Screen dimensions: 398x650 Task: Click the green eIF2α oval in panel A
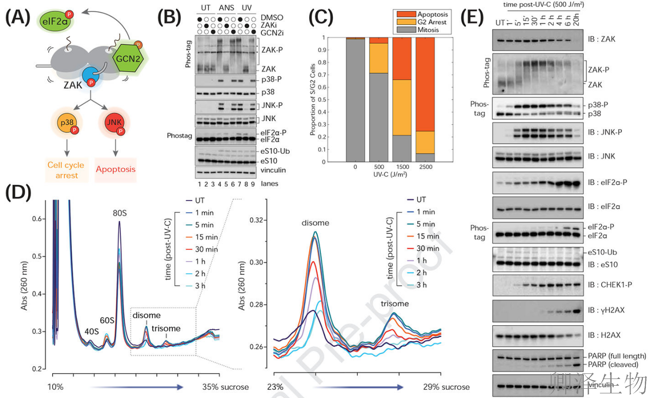click(x=54, y=21)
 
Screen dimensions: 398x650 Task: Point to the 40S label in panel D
click(x=91, y=331)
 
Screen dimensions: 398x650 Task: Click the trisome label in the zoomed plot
click(x=395, y=304)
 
